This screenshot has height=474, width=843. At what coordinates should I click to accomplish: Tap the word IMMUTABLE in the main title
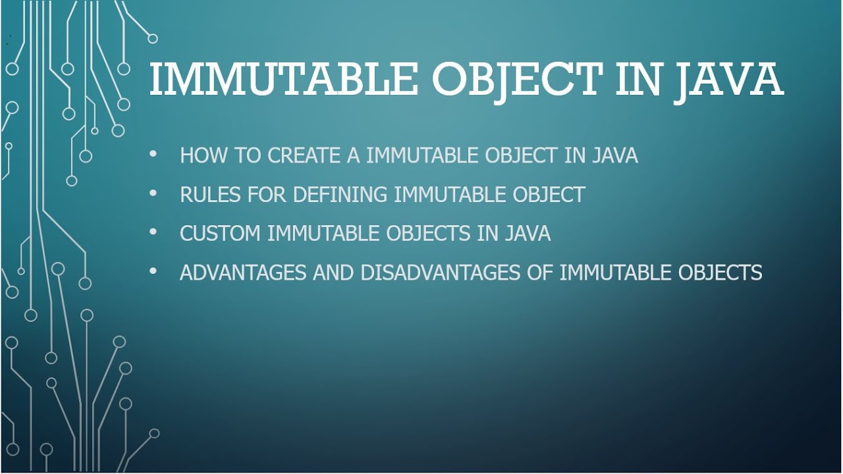pos(283,80)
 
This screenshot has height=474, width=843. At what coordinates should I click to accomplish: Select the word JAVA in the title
pos(729,80)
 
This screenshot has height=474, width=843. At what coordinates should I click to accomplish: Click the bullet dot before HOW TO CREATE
pos(153,155)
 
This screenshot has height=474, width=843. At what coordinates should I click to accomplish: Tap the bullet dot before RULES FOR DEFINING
pos(153,194)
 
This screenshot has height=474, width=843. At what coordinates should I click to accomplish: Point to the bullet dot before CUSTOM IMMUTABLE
pos(153,232)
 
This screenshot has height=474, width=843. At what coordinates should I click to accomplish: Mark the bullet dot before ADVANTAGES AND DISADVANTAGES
pos(153,271)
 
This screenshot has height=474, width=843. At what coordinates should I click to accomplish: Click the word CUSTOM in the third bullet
pos(220,233)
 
